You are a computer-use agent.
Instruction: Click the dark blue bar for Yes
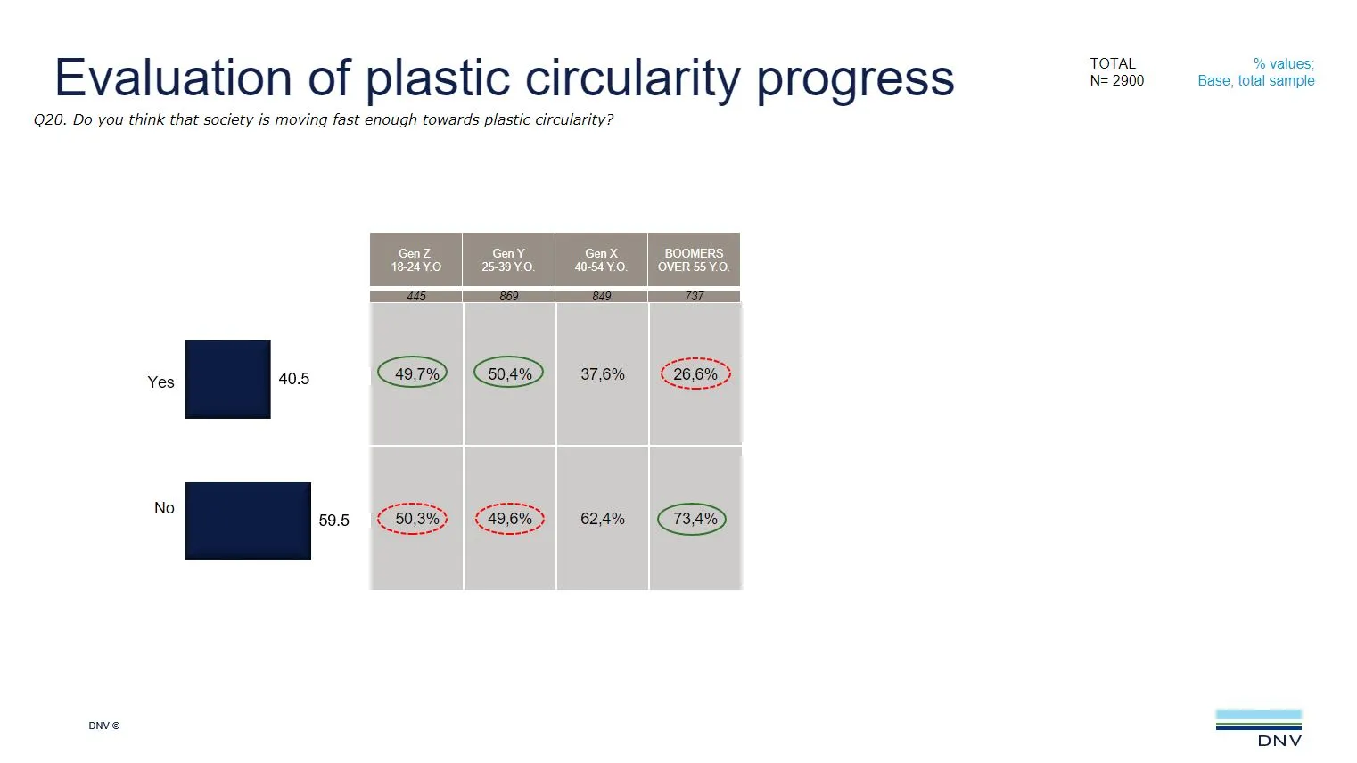(x=227, y=380)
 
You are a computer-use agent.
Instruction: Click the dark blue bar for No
(x=248, y=521)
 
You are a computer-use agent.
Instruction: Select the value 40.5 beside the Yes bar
(x=294, y=379)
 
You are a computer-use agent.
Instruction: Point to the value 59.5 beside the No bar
(x=334, y=521)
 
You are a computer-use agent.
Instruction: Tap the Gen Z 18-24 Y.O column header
(x=415, y=260)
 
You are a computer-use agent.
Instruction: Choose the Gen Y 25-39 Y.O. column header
(x=508, y=260)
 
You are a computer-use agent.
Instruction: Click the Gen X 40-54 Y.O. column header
(x=601, y=260)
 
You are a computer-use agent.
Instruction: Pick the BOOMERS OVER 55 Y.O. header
(x=694, y=260)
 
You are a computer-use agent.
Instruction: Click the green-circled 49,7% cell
(x=415, y=374)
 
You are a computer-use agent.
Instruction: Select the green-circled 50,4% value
(x=509, y=374)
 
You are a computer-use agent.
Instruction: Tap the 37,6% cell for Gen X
(x=603, y=374)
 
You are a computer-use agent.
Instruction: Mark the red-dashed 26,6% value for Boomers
(x=695, y=374)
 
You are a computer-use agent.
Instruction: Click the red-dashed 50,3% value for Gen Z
(x=415, y=519)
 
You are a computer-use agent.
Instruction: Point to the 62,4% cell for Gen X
(x=603, y=519)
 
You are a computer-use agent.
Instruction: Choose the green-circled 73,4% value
(x=694, y=519)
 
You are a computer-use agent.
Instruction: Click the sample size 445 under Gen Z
(x=416, y=296)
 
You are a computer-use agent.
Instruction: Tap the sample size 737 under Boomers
(x=695, y=296)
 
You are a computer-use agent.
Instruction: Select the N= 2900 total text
(x=1116, y=81)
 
